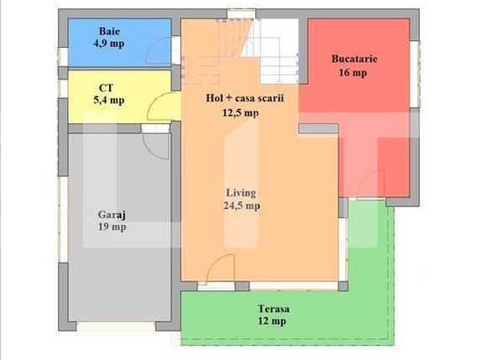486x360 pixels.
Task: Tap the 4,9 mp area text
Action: point(109,44)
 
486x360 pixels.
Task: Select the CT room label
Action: point(107,87)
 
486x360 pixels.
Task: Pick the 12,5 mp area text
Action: point(240,112)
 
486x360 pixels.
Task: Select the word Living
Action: point(241,192)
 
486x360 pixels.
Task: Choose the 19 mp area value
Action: point(112,227)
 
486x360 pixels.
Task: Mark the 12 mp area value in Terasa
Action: point(273,321)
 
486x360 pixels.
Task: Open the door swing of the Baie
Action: point(159,52)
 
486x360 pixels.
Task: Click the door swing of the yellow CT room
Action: point(159,107)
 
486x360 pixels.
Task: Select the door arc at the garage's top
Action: point(157,143)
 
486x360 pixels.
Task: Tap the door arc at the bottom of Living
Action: point(220,269)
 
